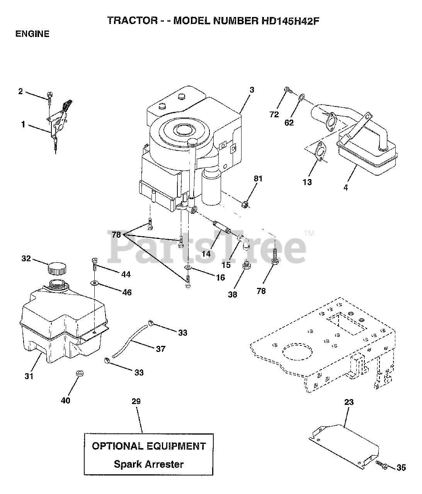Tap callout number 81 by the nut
(x=258, y=179)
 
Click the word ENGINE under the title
(x=32, y=34)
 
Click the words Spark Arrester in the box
(x=149, y=464)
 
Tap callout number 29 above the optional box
(x=136, y=401)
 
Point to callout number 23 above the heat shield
(x=349, y=402)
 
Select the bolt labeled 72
(x=288, y=90)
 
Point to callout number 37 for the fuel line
(x=160, y=349)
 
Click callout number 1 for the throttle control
(x=24, y=125)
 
